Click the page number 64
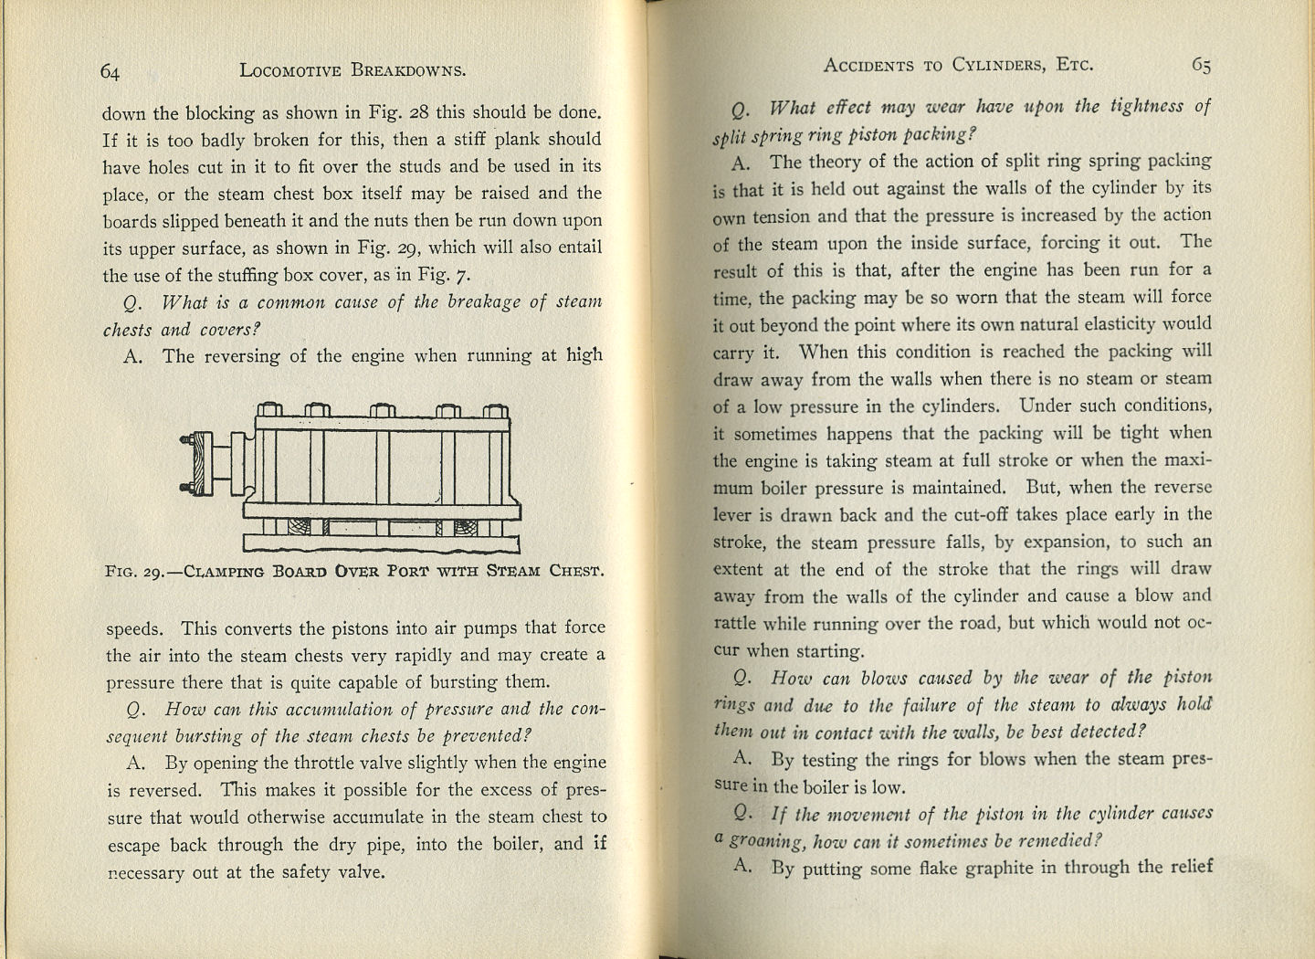pyautogui.click(x=110, y=72)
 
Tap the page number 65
pyautogui.click(x=1201, y=65)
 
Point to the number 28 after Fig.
pyautogui.click(x=418, y=112)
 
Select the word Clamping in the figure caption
pyautogui.click(x=223, y=572)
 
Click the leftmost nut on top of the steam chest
pyautogui.click(x=268, y=410)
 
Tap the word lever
pyautogui.click(x=732, y=514)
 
